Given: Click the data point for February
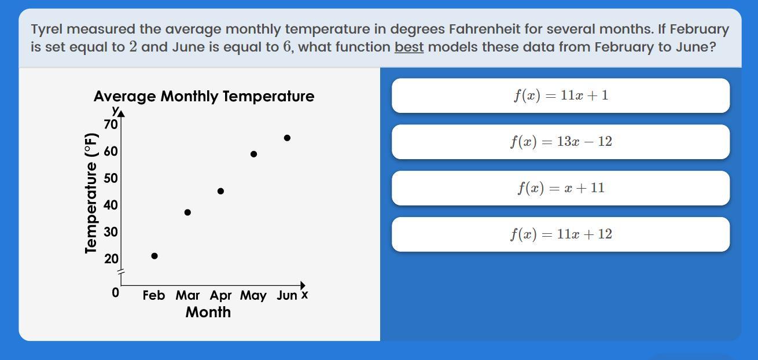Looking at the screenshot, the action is coord(154,256).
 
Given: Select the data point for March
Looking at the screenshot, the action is coord(187,212).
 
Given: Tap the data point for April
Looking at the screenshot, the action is coord(220,191).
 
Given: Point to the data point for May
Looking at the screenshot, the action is coord(254,154).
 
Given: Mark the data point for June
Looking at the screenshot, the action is coord(287,138).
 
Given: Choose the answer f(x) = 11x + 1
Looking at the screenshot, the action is coord(561,95).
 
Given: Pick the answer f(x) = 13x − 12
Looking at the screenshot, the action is coord(561,142).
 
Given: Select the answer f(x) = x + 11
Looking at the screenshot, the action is coord(561,188).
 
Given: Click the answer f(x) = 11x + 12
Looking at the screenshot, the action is coord(561,234).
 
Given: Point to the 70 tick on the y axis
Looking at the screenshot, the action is coord(111,124).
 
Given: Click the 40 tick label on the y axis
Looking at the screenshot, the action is coord(111,205).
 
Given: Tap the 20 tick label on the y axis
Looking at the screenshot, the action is coord(111,259).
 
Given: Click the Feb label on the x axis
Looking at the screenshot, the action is coord(154,295).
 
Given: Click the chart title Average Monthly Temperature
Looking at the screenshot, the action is coord(204,97).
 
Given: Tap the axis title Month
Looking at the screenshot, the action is coord(208,312).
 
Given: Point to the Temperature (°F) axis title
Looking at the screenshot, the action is coord(91,193).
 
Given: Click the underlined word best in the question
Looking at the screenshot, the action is coord(409,47).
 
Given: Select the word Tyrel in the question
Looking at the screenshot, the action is coord(47,30).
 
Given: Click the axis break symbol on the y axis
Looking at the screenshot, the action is coord(121,271).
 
